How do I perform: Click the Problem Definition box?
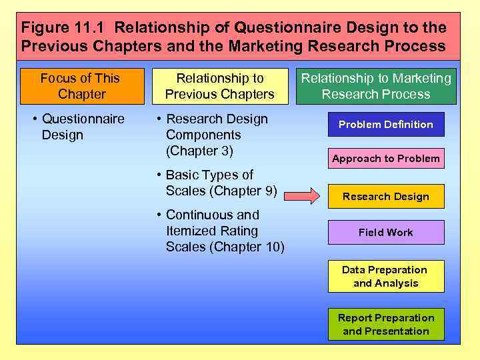pyautogui.click(x=386, y=125)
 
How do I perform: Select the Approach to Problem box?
pyautogui.click(x=386, y=159)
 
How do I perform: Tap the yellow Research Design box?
pyautogui.click(x=386, y=197)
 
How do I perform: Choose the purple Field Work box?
pyautogui.click(x=386, y=233)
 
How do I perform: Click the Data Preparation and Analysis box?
pyautogui.click(x=386, y=277)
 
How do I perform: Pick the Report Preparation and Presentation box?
pyautogui.click(x=386, y=325)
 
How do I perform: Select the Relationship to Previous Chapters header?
pyautogui.click(x=220, y=86)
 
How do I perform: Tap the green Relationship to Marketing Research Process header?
pyautogui.click(x=376, y=86)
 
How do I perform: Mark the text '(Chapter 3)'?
pyautogui.click(x=199, y=151)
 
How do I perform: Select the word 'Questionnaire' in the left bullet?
pyautogui.click(x=83, y=119)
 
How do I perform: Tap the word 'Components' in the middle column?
pyautogui.click(x=203, y=135)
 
